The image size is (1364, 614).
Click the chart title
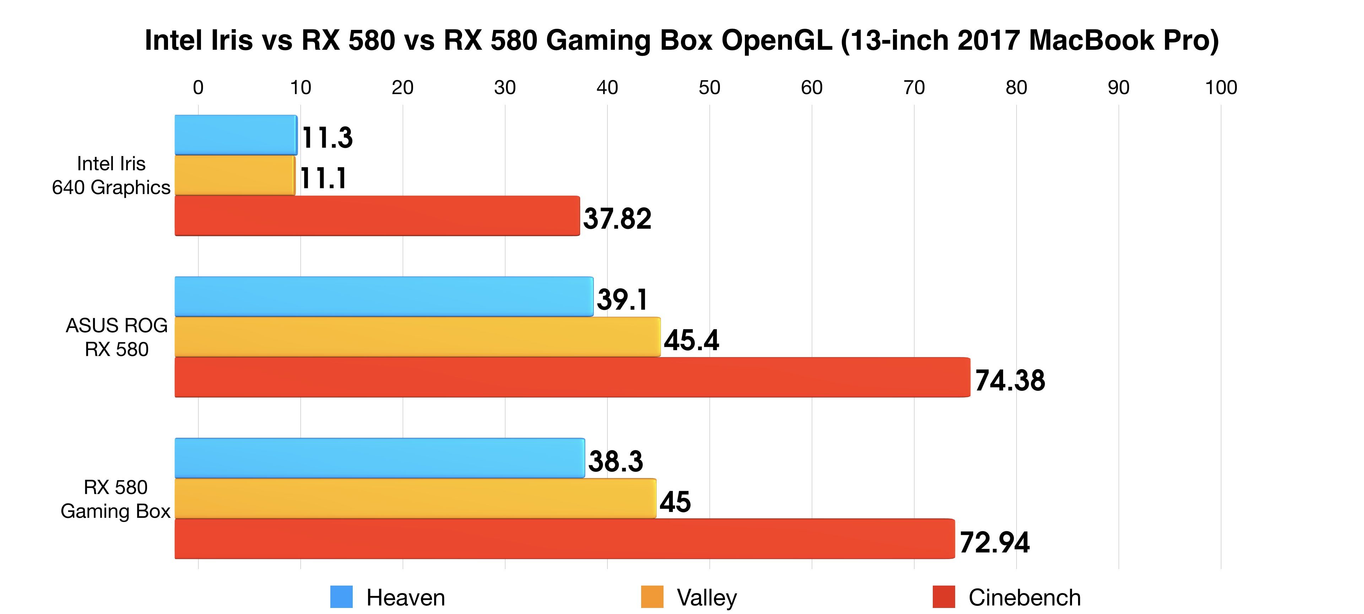pos(682,40)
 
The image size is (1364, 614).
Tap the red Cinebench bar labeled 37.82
pos(377,216)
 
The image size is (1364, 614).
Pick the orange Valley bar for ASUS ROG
pos(417,337)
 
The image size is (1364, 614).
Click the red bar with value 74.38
pos(572,377)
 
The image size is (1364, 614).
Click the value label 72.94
pos(995,542)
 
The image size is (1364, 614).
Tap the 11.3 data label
pos(327,138)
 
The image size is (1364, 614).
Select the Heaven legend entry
pos(388,598)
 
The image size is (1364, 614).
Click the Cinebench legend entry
pos(1006,598)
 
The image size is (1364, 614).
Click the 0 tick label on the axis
pos(198,87)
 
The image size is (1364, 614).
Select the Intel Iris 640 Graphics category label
pos(111,176)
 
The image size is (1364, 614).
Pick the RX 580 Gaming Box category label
pos(115,499)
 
